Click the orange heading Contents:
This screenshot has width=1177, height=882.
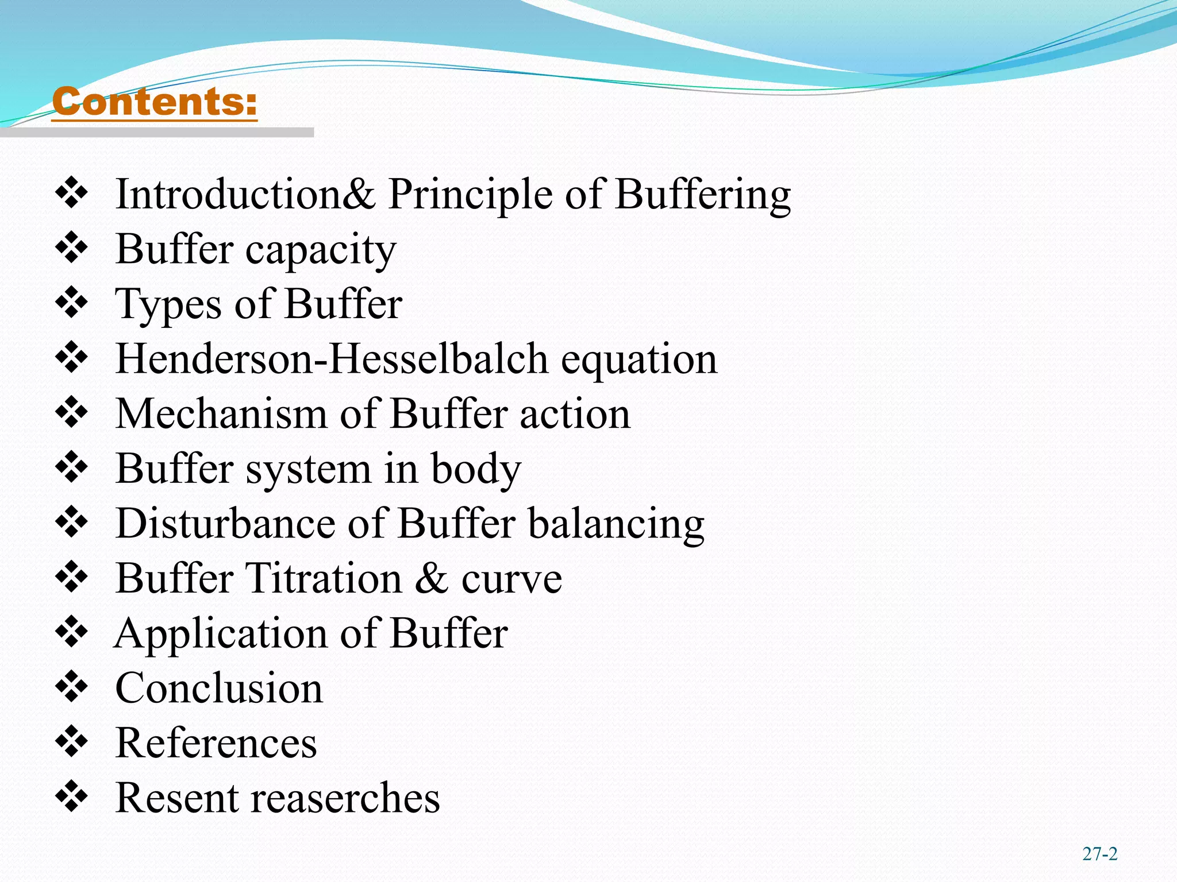pyautogui.click(x=154, y=102)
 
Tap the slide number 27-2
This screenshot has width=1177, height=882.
pyautogui.click(x=1099, y=854)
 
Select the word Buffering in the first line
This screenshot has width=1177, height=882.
pyautogui.click(x=702, y=195)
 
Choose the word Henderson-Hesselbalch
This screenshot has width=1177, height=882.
pyautogui.click(x=332, y=359)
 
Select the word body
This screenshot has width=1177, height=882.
pyautogui.click(x=476, y=469)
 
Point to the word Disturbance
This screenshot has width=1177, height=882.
pyautogui.click(x=225, y=523)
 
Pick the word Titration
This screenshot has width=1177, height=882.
pyautogui.click(x=324, y=578)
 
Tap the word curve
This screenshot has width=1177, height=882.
pyautogui.click(x=511, y=579)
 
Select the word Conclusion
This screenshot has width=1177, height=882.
pyautogui.click(x=219, y=688)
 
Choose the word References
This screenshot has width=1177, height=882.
pyautogui.click(x=216, y=743)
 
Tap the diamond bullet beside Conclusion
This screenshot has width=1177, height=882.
pyautogui.click(x=72, y=686)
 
